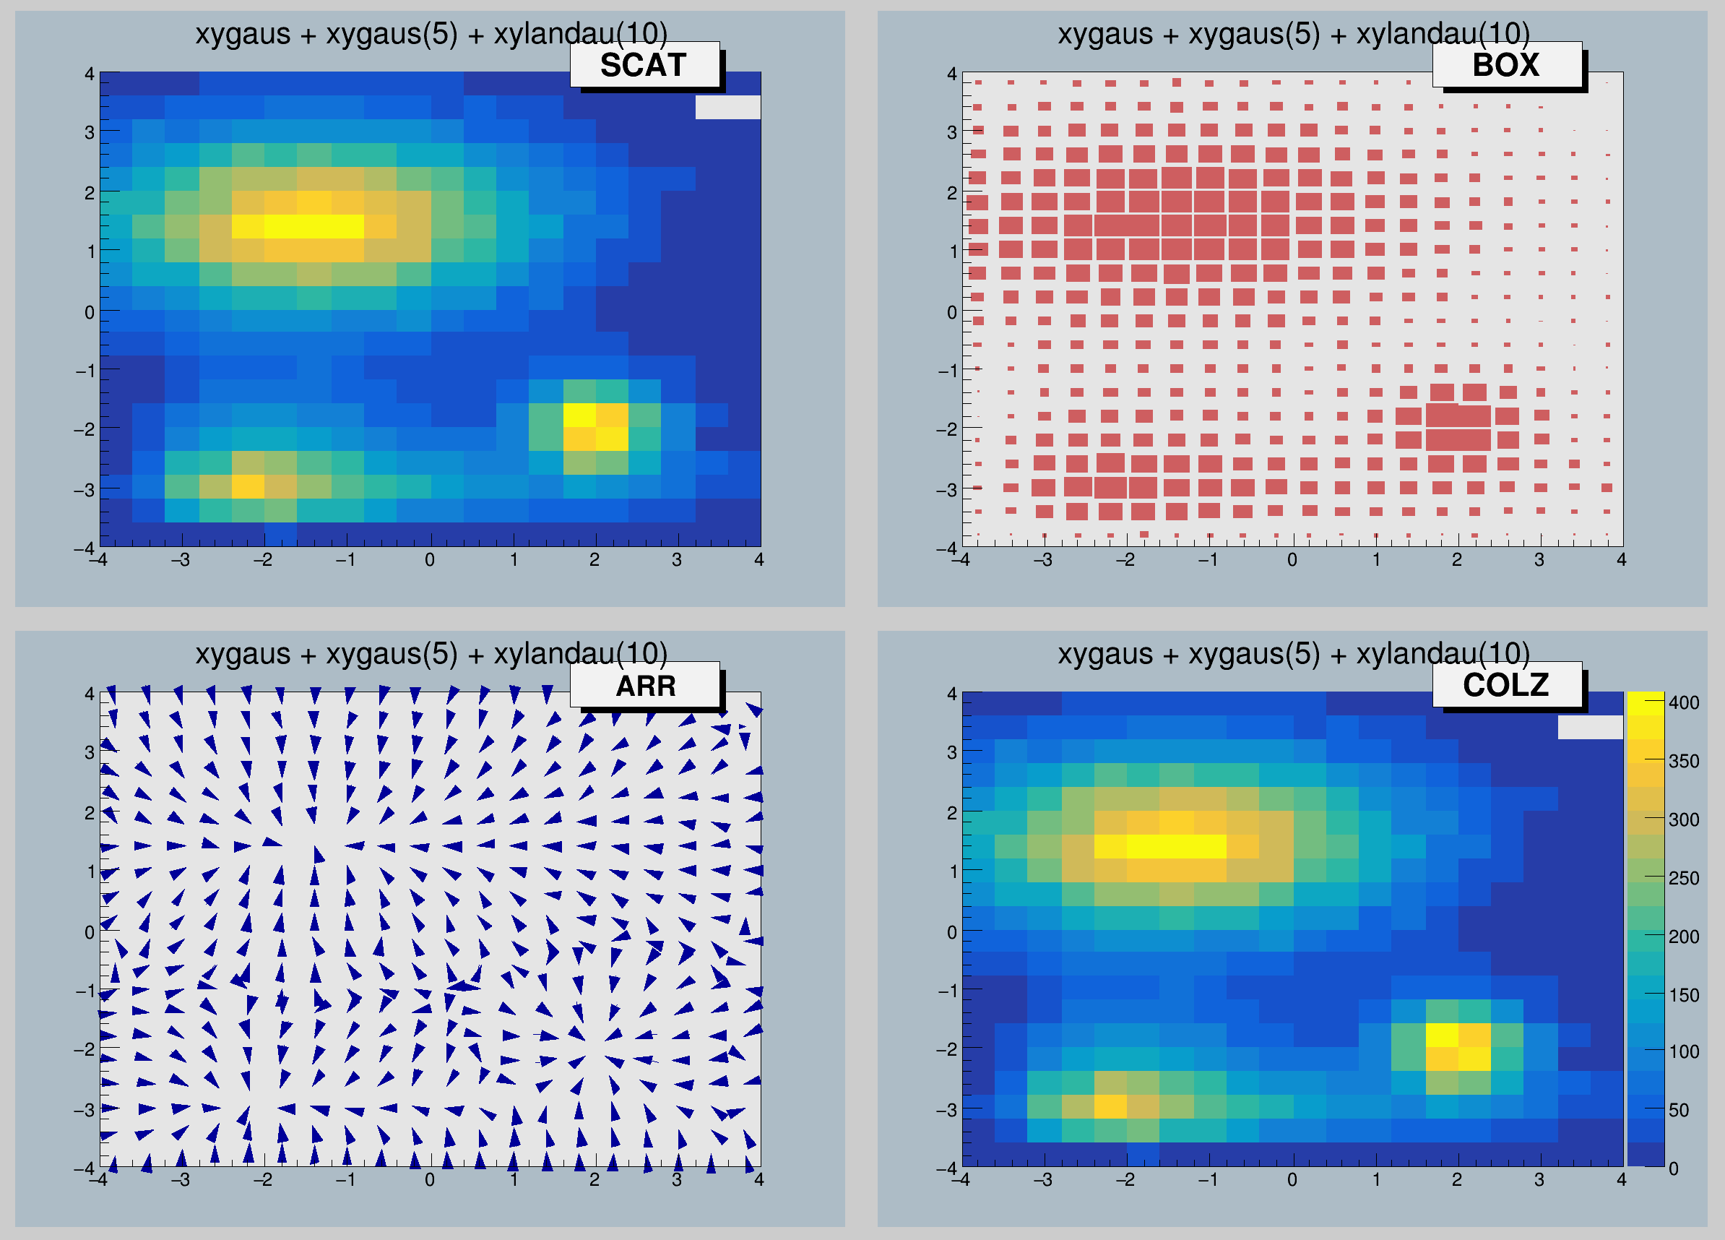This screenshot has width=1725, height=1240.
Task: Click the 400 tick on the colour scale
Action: click(1683, 702)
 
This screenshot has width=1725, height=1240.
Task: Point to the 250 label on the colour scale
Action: click(1683, 878)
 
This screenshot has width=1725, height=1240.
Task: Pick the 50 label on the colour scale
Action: click(1679, 1110)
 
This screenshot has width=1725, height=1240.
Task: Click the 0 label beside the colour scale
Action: click(1673, 1168)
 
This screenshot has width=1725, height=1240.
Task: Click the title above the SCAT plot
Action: click(431, 34)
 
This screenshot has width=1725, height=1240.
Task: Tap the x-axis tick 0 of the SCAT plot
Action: click(430, 560)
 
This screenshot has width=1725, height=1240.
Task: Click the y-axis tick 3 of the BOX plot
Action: click(951, 132)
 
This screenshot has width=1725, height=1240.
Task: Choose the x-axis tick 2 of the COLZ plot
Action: click(1456, 1180)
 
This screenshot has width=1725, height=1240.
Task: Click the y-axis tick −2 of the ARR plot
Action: click(84, 1049)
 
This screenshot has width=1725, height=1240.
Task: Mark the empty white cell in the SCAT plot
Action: click(728, 107)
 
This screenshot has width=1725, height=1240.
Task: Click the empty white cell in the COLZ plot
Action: click(1590, 727)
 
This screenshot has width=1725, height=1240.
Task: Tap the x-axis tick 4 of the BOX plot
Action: click(1622, 560)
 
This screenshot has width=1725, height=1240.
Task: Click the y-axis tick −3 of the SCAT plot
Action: click(84, 489)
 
